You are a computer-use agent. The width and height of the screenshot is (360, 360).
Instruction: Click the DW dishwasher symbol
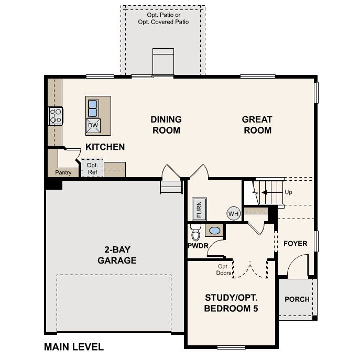(93, 125)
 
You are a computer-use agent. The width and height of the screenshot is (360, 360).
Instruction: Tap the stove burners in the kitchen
(56, 116)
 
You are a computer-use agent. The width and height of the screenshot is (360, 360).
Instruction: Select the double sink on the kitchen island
(93, 107)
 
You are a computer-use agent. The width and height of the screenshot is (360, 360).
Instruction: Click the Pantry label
(62, 172)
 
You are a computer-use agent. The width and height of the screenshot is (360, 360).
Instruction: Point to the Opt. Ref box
(92, 168)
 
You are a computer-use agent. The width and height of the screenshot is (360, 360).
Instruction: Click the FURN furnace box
(199, 209)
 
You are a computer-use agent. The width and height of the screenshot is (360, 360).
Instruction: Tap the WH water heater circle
(233, 213)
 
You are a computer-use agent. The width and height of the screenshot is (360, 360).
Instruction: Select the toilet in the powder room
(195, 231)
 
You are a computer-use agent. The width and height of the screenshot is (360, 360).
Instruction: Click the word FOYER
(295, 244)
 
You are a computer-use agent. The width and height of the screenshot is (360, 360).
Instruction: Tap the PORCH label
(297, 299)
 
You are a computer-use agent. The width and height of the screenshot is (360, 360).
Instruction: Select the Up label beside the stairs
(288, 192)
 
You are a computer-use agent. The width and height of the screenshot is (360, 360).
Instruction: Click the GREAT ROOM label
(257, 125)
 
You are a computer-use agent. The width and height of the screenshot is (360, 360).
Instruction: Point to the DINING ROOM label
(166, 125)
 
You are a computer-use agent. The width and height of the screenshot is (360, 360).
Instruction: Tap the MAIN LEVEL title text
(74, 346)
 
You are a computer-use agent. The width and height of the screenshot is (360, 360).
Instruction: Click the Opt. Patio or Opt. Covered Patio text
(163, 19)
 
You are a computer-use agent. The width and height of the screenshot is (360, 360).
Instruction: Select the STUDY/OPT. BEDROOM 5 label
(231, 303)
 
